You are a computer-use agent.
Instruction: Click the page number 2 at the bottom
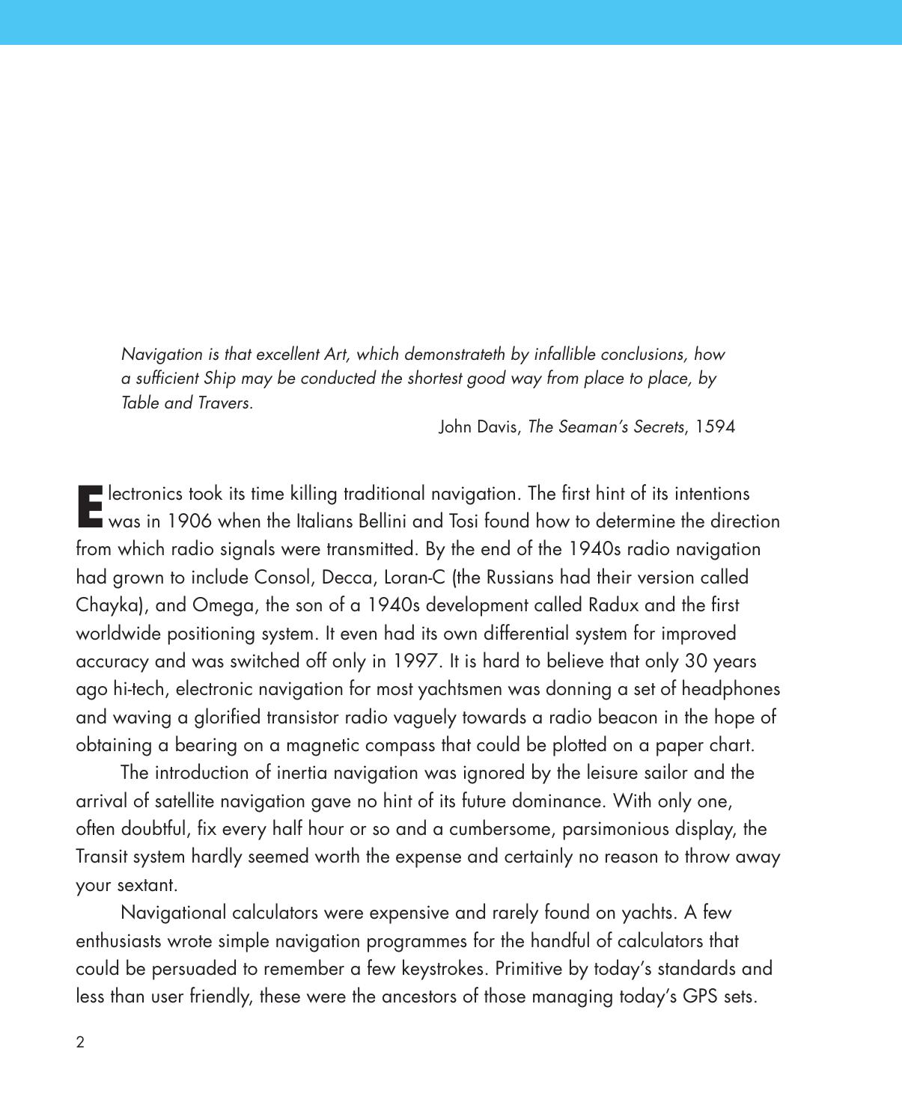80,1042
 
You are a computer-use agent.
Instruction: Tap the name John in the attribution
456,427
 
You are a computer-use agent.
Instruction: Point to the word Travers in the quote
224,403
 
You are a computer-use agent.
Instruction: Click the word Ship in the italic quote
219,379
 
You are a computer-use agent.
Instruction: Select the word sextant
147,885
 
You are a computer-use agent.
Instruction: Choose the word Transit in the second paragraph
102,857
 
